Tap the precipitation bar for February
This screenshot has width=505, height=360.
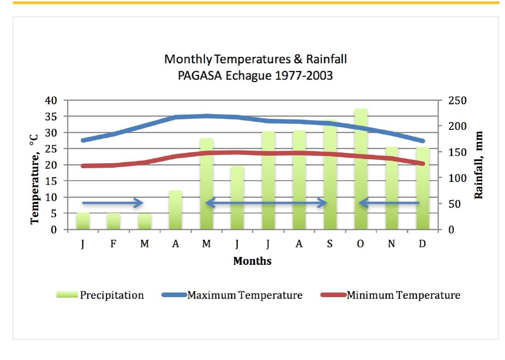click(x=113, y=221)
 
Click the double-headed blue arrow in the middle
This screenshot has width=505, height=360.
click(x=266, y=203)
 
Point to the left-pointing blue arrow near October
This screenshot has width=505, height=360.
click(x=389, y=203)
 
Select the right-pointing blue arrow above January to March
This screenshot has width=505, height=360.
click(x=113, y=202)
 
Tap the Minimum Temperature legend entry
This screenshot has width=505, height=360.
click(x=391, y=295)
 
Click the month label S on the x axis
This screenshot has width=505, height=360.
click(x=330, y=244)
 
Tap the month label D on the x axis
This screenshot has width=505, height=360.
click(x=422, y=244)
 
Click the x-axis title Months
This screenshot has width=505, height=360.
click(x=252, y=262)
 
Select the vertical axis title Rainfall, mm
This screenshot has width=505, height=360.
click(x=480, y=165)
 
